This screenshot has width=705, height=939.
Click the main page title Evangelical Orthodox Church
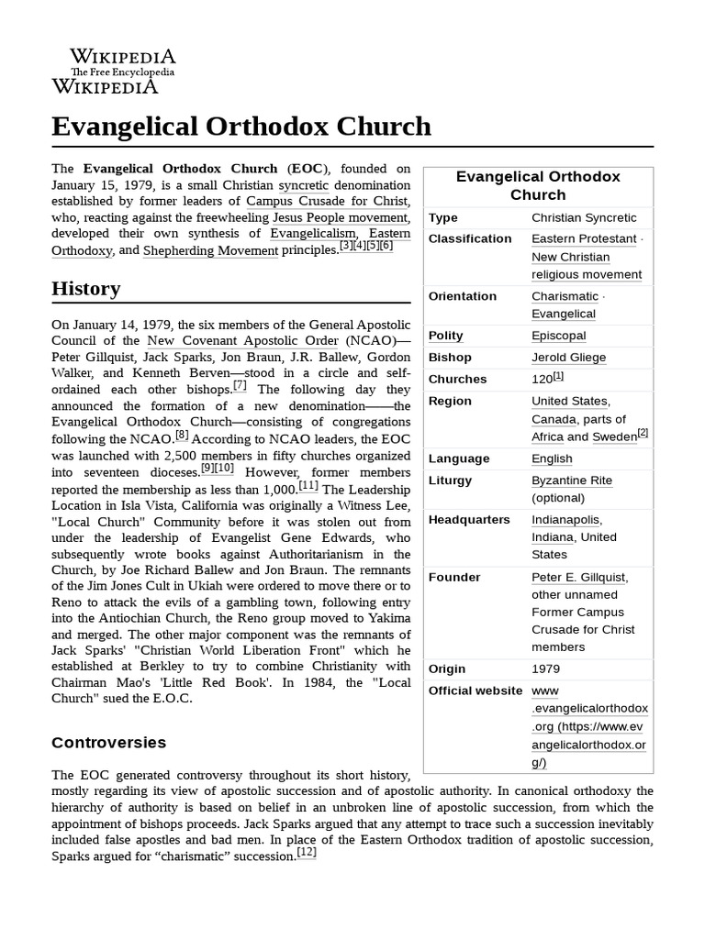tap(241, 126)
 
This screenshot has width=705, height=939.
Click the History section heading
tap(85, 288)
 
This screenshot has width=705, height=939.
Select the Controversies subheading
tap(108, 742)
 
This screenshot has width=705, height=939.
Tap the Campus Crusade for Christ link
tap(328, 200)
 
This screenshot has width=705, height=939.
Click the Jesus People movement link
tap(339, 217)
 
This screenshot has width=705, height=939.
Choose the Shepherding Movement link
tap(210, 249)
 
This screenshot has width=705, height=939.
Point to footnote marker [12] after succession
tap(307, 853)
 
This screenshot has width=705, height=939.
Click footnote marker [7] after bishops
tap(240, 385)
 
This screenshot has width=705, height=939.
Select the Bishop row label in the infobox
tap(450, 357)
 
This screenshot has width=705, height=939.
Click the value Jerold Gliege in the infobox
tap(569, 357)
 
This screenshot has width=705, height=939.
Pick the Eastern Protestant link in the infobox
tap(584, 238)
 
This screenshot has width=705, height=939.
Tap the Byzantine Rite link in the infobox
tap(571, 480)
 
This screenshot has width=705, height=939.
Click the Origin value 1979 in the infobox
tap(546, 668)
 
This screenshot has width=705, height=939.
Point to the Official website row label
tap(476, 690)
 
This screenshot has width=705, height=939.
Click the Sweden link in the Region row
tap(614, 436)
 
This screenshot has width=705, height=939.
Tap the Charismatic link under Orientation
tap(565, 296)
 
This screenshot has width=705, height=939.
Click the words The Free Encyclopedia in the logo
tap(123, 72)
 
